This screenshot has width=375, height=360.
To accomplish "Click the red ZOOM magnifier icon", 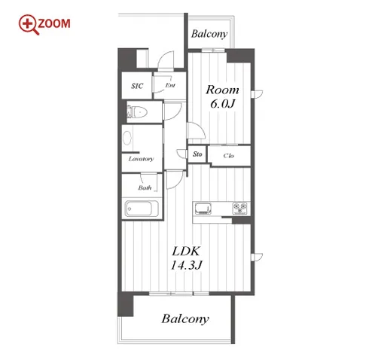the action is tap(29, 24).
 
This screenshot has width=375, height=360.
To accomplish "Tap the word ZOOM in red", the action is tap(54, 23).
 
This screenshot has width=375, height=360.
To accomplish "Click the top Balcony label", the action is tap(209, 34).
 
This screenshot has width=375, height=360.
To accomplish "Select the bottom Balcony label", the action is tap(185, 319).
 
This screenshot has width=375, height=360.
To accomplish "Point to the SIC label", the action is tap(137, 86).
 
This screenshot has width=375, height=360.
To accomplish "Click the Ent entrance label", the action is tap(170, 85).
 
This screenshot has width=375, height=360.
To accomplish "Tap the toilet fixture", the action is tap(137, 112).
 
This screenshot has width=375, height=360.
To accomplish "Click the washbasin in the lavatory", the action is tap(127, 138).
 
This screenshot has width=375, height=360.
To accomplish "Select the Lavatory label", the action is tap(141, 159).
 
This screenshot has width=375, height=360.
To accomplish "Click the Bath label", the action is tap(145, 188).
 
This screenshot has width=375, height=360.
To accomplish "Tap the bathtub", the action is tap(142, 209).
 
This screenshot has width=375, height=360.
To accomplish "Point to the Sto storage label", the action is tap(197, 154).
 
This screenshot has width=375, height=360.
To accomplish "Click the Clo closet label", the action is tap(229, 156).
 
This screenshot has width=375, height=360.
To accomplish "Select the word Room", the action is tap(222, 90).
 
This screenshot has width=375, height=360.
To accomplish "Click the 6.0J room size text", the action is tap(222, 103).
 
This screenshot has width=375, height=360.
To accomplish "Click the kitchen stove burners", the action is tap(239, 209).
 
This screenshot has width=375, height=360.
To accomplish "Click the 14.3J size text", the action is tap(186, 265).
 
